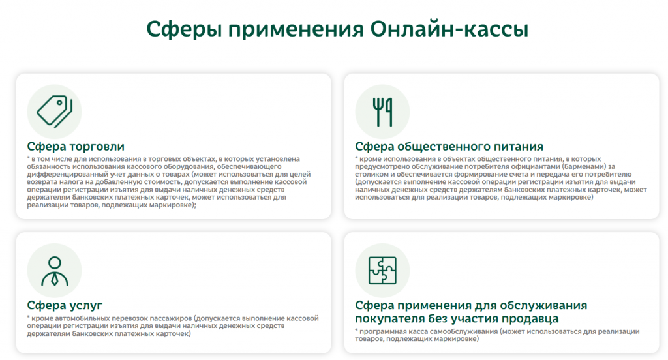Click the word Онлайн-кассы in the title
click(x=449, y=29)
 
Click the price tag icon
click(x=55, y=111)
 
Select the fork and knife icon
click(x=382, y=112)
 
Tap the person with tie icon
click(x=55, y=271)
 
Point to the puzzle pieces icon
click(x=382, y=271)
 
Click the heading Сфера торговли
click(x=76, y=147)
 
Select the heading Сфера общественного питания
click(x=449, y=147)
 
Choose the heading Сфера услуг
click(x=65, y=305)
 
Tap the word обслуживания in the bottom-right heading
click(x=543, y=305)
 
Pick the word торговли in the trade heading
click(x=97, y=147)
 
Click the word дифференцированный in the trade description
click(x=63, y=174)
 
